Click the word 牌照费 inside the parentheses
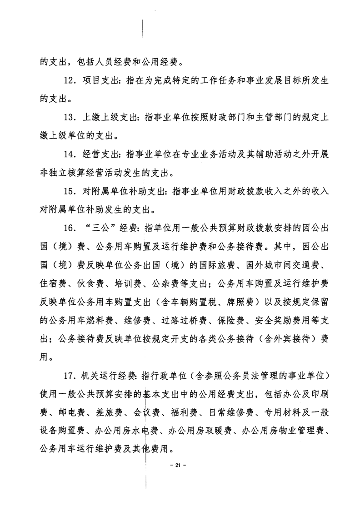(x=245, y=302)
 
